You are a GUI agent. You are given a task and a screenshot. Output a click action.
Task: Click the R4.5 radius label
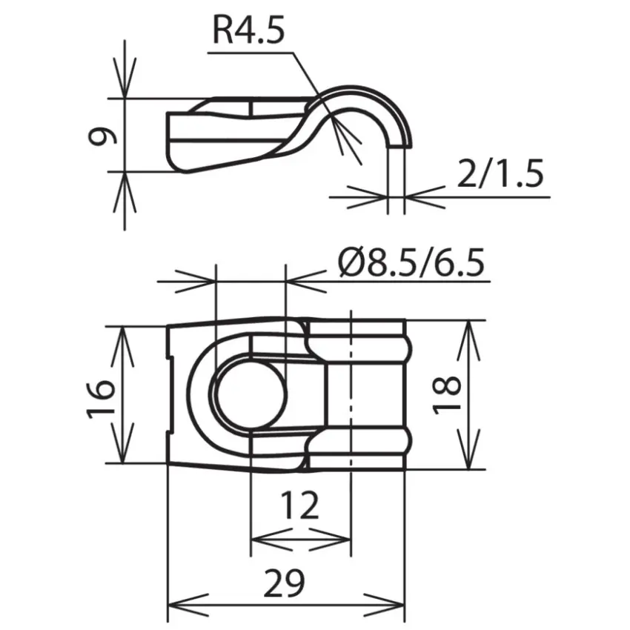click(248, 30)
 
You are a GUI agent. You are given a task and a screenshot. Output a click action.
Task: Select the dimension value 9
click(102, 136)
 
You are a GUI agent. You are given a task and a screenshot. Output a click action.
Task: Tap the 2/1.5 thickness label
click(500, 173)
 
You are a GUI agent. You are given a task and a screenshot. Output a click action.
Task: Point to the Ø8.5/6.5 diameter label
click(411, 262)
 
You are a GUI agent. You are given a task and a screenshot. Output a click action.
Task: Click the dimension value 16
click(101, 399)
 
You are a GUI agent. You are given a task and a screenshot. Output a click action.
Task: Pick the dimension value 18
click(446, 394)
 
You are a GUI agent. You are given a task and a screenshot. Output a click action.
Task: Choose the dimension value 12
click(299, 505)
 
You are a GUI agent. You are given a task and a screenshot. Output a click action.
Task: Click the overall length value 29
click(284, 582)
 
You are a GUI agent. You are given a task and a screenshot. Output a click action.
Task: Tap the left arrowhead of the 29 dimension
click(187, 605)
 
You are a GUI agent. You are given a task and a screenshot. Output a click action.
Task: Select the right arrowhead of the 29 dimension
click(384, 605)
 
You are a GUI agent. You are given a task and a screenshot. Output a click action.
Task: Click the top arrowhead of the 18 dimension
click(468, 341)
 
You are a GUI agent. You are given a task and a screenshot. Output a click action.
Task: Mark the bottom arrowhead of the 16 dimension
click(122, 442)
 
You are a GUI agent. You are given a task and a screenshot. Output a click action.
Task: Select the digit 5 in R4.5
click(273, 30)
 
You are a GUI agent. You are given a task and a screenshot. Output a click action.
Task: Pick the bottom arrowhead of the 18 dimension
click(468, 449)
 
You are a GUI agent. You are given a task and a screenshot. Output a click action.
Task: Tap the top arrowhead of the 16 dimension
click(122, 347)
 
